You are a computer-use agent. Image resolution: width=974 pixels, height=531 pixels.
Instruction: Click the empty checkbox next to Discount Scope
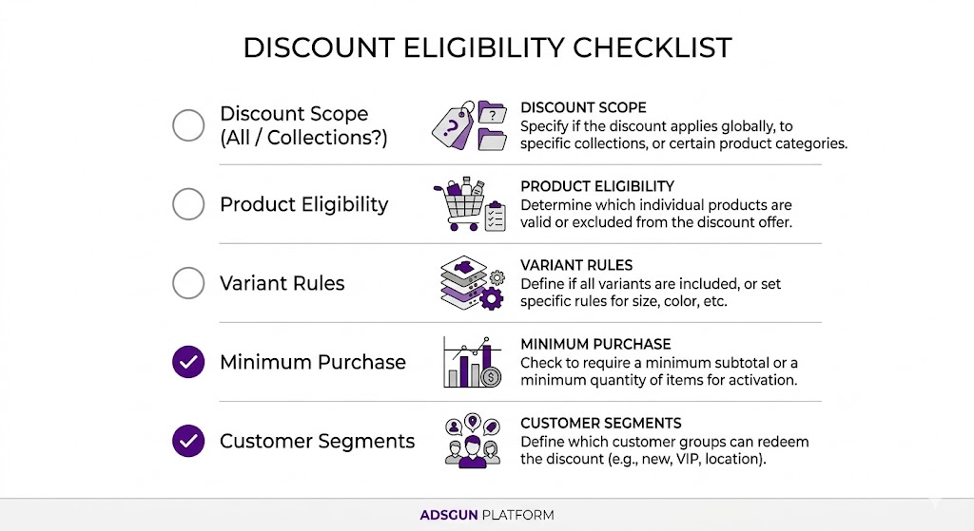pos(188,125)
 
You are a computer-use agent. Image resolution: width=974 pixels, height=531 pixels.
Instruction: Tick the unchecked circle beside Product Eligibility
pos(188,204)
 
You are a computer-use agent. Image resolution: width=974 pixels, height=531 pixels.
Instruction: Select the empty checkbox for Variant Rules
pos(188,283)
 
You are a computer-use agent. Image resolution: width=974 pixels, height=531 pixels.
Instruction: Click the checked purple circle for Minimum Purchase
pos(188,362)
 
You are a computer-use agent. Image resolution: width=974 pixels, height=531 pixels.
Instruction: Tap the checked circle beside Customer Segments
pos(188,441)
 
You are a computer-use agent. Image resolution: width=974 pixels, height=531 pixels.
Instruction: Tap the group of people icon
pos(472,441)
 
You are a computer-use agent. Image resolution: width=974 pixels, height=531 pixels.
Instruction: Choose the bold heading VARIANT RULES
pos(576,265)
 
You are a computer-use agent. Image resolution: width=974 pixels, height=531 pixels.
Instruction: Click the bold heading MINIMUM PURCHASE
pos(595,344)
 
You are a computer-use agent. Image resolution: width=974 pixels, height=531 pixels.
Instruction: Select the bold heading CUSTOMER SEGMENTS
pos(600,423)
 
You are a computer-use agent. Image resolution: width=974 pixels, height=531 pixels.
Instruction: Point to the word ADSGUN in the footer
pos(449,515)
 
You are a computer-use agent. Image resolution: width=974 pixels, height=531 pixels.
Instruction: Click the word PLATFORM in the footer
pos(517,515)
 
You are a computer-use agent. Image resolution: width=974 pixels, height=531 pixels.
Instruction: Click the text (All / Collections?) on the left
pos(303,137)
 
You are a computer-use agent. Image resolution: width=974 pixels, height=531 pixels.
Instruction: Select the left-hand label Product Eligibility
pos(303,204)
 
